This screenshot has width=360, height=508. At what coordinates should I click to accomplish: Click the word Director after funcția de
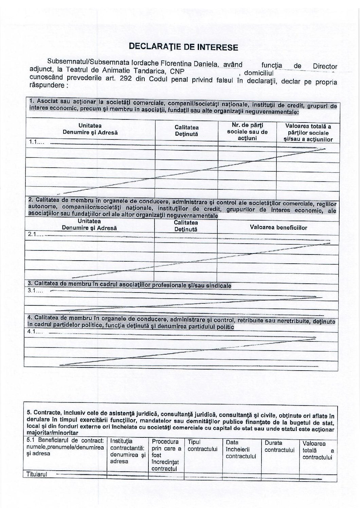click(x=325, y=66)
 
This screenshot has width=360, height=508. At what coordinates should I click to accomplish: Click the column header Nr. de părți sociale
click(x=247, y=132)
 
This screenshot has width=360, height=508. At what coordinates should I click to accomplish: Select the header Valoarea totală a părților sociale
click(x=308, y=133)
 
